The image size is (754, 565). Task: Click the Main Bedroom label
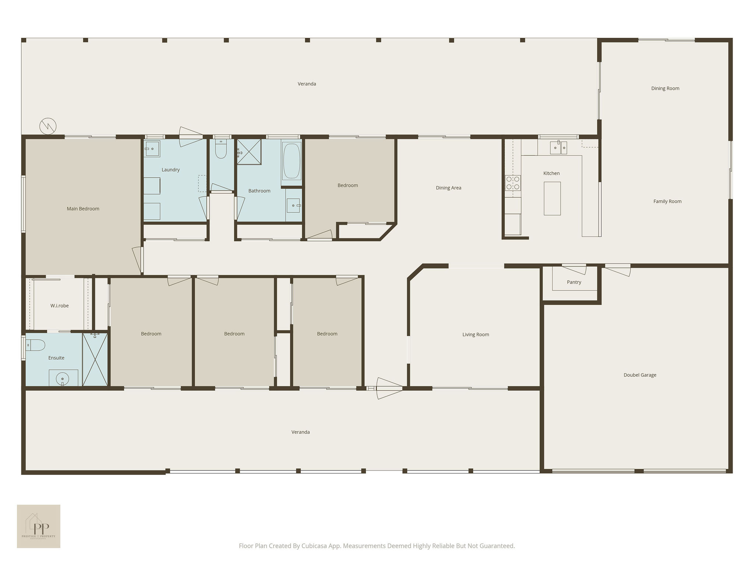(83, 209)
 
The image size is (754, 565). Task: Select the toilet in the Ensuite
(35, 345)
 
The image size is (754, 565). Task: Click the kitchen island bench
(552, 198)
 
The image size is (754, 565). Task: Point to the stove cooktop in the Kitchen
(513, 183)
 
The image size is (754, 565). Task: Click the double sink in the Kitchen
(559, 148)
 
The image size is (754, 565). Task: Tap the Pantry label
(574, 282)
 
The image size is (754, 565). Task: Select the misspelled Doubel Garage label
(640, 375)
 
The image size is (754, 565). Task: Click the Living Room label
(476, 334)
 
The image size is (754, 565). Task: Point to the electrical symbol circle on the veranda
(48, 126)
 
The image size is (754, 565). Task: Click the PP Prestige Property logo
(39, 526)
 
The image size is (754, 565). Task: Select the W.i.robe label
(60, 306)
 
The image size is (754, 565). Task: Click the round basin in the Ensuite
(63, 378)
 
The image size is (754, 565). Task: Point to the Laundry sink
(152, 149)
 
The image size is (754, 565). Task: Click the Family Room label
(667, 201)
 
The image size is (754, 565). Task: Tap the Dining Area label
(448, 188)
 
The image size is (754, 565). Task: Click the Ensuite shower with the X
(95, 359)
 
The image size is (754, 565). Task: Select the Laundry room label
(170, 170)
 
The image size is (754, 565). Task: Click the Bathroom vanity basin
(294, 205)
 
